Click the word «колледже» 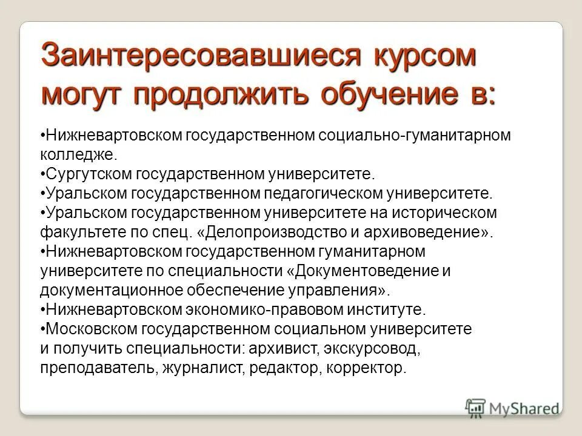76,154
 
